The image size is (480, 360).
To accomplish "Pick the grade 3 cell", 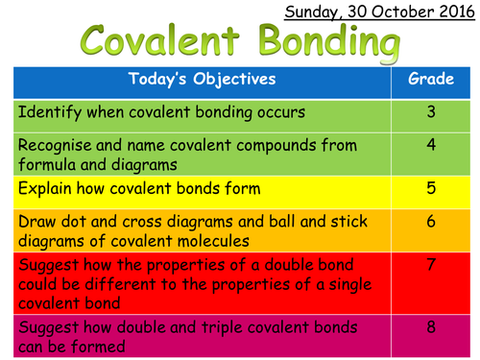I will (x=431, y=112).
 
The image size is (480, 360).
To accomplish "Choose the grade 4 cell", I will (x=431, y=146).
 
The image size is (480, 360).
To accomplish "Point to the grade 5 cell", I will (x=431, y=186).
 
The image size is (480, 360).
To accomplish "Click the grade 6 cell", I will (x=431, y=220).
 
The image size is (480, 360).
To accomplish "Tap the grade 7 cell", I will (x=431, y=262).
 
